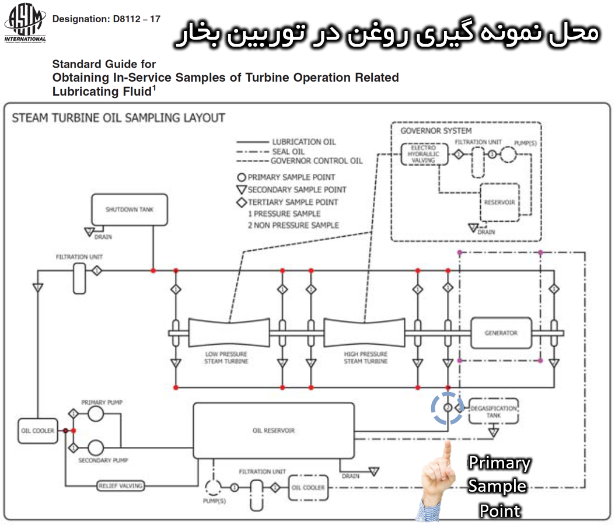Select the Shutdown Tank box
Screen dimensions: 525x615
(130, 209)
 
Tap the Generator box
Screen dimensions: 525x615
(501, 333)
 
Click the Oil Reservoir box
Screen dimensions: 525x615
(274, 430)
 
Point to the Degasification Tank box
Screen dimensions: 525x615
(493, 412)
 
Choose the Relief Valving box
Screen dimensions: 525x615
(120, 485)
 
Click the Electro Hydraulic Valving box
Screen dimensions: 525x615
(424, 153)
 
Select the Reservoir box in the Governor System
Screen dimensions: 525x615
(499, 202)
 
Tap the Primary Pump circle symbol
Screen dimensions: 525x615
(95, 414)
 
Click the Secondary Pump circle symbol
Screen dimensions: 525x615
(95, 448)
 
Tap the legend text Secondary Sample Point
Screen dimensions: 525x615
(296, 190)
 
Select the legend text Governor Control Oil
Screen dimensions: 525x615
(316, 161)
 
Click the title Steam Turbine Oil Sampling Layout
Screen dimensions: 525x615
(118, 117)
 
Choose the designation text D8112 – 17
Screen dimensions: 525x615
(106, 19)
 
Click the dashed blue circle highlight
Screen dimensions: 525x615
(448, 408)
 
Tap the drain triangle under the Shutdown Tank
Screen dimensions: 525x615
(89, 232)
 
